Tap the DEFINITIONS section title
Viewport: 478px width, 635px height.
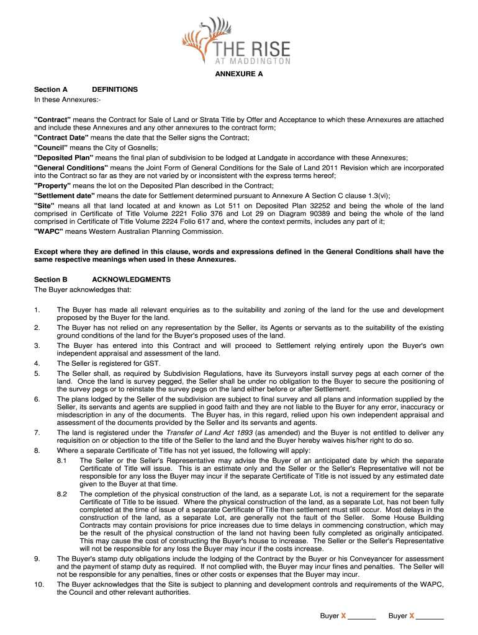(x=114, y=90)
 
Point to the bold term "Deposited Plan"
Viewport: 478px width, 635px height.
(x=61, y=158)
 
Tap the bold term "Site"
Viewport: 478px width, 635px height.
(x=44, y=205)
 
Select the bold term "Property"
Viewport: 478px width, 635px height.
(x=53, y=186)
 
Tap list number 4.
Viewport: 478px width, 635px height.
(x=37, y=363)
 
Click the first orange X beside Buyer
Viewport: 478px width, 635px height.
(x=343, y=616)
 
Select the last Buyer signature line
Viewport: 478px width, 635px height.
(x=430, y=618)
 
